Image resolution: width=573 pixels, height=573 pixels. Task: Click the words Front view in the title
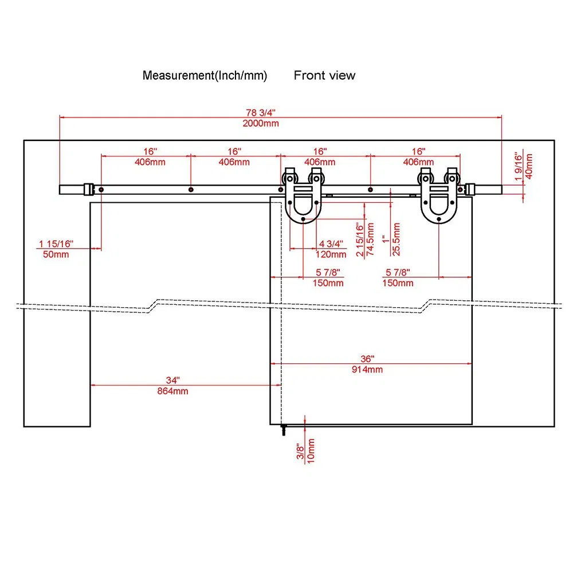(324, 75)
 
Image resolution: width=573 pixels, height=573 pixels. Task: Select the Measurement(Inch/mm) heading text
(205, 75)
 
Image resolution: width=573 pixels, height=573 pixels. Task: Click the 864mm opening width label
(172, 391)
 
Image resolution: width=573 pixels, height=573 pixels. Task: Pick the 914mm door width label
(367, 369)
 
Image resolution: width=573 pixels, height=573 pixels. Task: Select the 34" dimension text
(172, 380)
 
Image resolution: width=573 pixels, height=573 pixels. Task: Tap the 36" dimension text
(367, 358)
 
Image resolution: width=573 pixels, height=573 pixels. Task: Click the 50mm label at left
(56, 254)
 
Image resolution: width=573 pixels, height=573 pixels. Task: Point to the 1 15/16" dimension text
(56, 244)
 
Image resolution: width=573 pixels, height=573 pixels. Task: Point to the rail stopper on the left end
(88, 189)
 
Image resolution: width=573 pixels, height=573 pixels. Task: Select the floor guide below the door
(283, 430)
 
